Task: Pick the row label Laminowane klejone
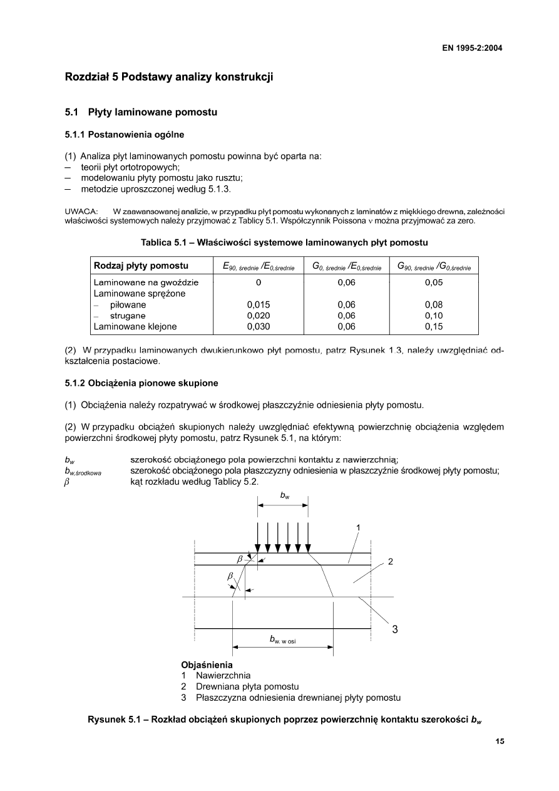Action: pos(135,326)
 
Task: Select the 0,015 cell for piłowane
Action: pos(259,305)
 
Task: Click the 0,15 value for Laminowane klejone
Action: pos(434,326)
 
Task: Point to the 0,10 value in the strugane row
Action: pos(434,316)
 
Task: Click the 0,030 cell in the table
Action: pos(259,326)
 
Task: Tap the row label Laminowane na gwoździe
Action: pos(146,282)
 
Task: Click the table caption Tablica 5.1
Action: pos(284,242)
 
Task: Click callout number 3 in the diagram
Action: pos(395,630)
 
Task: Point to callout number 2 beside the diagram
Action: pos(390,562)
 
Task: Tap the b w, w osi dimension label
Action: pos(282,639)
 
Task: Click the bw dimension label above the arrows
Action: pos(284,495)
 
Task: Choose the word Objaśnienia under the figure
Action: pos(207,664)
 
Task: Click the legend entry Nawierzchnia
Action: pos(223,676)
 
